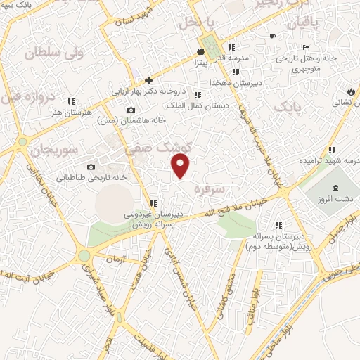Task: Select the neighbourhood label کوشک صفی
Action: tap(148, 148)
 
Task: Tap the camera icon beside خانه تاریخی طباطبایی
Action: tap(91, 167)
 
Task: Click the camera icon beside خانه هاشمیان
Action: tap(131, 110)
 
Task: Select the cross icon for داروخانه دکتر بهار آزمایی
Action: tap(148, 81)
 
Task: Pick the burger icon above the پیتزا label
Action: tap(201, 51)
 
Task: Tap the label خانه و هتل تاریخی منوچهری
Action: tap(322, 62)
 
